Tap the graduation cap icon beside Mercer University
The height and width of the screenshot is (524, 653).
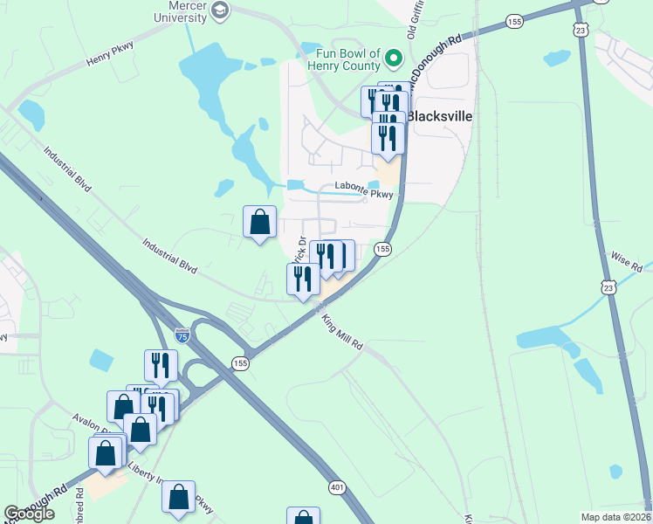(x=220, y=10)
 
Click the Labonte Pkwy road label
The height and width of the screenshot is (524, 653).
(x=365, y=187)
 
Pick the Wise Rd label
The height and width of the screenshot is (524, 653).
(x=627, y=261)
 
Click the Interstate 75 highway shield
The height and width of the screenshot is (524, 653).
(x=182, y=335)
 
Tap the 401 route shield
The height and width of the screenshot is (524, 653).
(x=337, y=486)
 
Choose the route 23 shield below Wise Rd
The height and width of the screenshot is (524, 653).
(x=608, y=286)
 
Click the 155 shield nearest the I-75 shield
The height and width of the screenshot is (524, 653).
(x=240, y=362)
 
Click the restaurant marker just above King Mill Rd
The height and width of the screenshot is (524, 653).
(x=303, y=279)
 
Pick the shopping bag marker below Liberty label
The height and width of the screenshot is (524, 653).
(x=178, y=497)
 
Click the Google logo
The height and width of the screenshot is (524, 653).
(x=29, y=514)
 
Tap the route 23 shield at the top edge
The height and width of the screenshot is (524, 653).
(x=581, y=29)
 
